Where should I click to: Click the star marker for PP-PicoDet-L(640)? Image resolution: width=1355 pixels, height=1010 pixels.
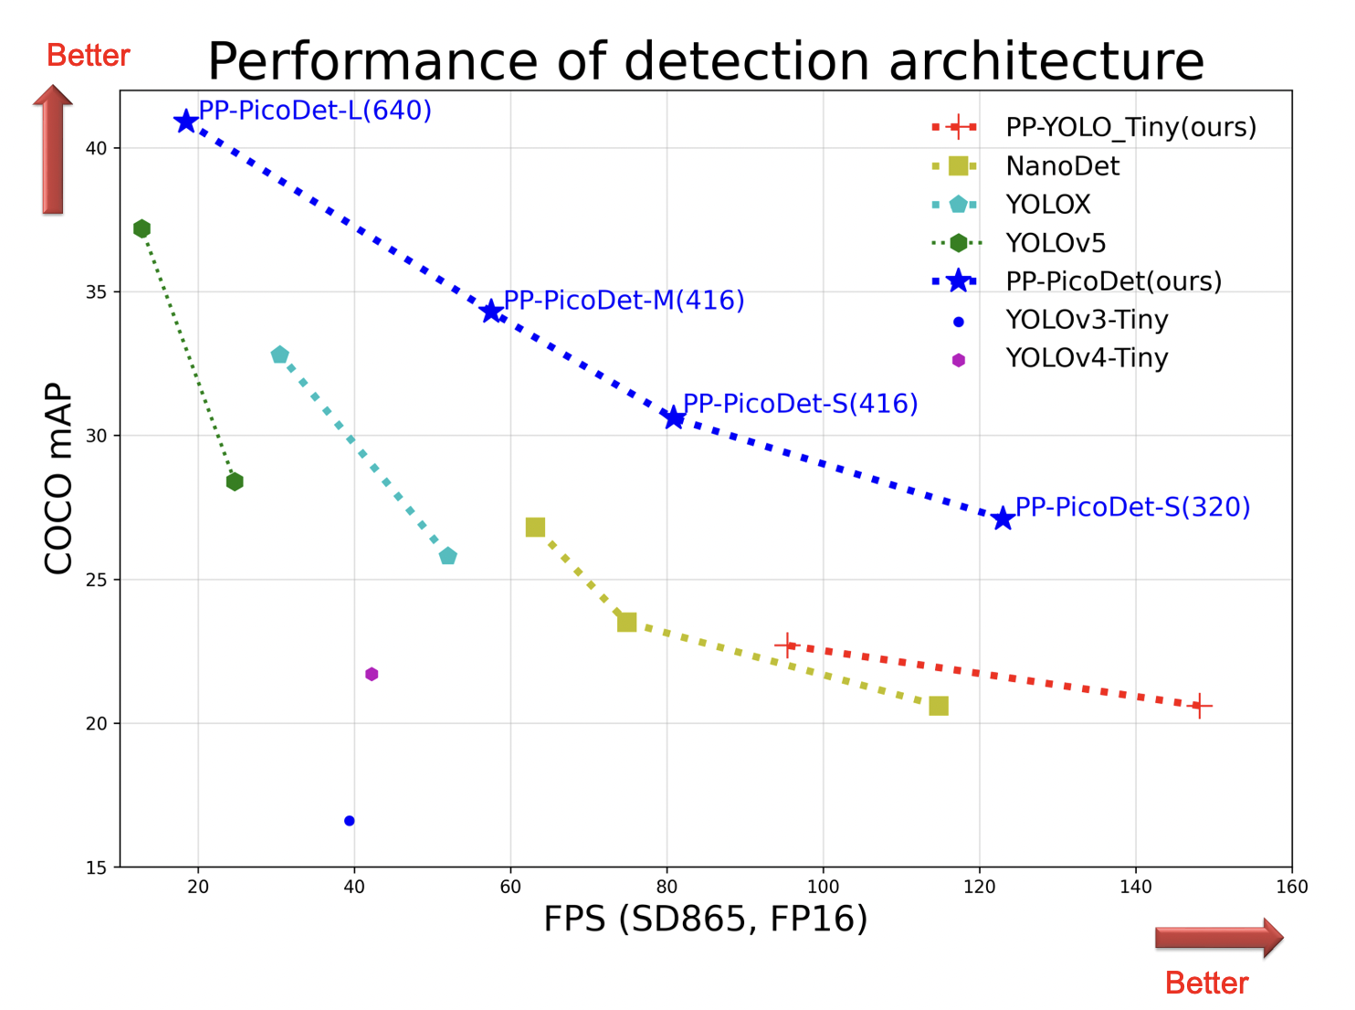point(186,121)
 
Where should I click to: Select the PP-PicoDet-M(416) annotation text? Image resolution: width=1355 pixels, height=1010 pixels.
point(624,300)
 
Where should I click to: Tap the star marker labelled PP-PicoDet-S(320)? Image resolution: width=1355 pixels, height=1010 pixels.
point(1003,519)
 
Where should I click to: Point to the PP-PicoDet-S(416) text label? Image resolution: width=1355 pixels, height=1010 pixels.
point(800,404)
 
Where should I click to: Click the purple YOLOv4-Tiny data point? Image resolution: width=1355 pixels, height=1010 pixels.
point(372,674)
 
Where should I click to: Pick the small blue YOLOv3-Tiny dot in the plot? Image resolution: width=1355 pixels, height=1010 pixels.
point(349,821)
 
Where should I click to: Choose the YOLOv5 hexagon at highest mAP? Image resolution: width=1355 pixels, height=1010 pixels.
point(142,228)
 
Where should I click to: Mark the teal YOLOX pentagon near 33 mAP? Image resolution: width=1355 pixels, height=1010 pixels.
point(279,354)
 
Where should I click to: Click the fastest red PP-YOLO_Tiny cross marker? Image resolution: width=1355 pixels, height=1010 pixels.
point(1200,706)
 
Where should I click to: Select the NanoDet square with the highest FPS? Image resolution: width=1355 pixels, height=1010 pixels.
point(938,706)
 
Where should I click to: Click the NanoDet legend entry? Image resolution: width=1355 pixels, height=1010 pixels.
point(1062,166)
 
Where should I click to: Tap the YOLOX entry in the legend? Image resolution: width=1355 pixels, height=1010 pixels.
point(1047,205)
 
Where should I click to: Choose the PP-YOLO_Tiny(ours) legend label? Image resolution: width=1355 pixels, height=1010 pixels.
point(1130,127)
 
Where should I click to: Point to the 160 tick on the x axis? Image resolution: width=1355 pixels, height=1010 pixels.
point(1291,887)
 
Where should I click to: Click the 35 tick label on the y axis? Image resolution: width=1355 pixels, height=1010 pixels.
point(96,292)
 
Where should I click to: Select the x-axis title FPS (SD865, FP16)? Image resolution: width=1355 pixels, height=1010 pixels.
point(705,919)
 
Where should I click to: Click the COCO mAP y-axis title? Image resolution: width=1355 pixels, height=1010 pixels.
point(58,479)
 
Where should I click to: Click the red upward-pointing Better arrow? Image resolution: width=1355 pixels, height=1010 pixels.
point(53,150)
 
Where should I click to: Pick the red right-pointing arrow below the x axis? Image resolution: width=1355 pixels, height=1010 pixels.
point(1218,938)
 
